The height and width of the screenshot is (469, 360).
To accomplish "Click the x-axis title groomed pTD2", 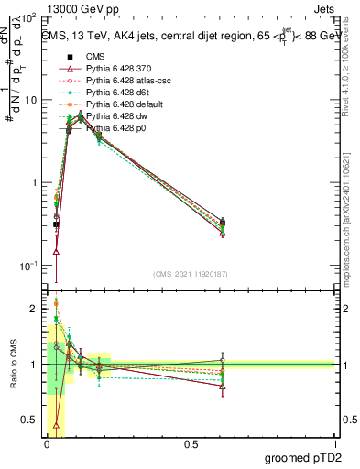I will (309, 457).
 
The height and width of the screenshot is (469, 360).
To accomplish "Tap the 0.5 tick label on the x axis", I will (191, 442).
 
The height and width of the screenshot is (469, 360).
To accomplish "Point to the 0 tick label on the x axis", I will (47, 442).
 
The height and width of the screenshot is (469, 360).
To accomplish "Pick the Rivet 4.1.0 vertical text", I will (349, 64).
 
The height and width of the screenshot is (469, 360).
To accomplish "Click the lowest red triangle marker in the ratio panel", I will (57, 425).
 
